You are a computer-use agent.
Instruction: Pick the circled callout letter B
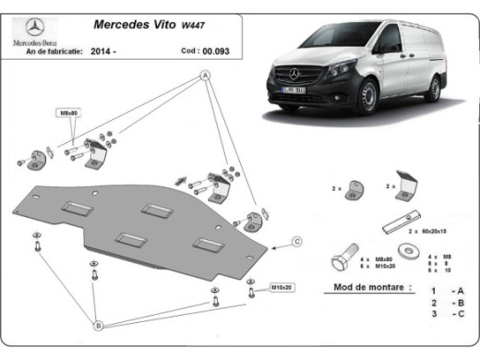tap(98, 323)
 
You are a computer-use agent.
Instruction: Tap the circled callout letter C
tap(297, 242)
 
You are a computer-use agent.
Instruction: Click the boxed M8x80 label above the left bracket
tap(70, 113)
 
